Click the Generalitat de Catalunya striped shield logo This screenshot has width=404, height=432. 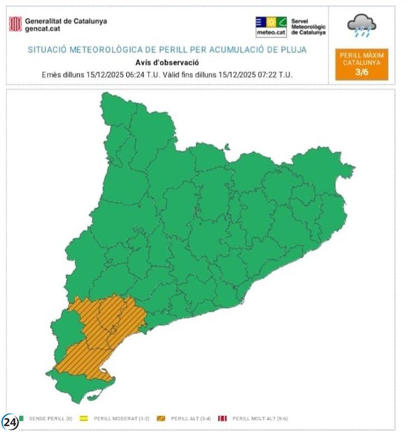pyautogui.click(x=15, y=24)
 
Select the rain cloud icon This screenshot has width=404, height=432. pyautogui.click(x=362, y=25)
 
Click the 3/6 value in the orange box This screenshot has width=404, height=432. pyautogui.click(x=362, y=72)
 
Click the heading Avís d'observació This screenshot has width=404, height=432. pyautogui.click(x=167, y=63)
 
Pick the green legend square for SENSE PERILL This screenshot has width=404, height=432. pyautogui.click(x=22, y=418)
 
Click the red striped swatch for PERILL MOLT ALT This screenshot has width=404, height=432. pyautogui.click(x=222, y=418)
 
